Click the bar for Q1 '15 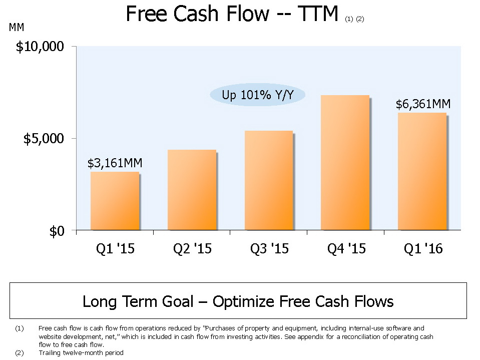pos(115,201)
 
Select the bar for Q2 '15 pos(192,190)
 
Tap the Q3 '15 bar pos(268,180)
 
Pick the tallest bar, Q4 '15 pos(345,163)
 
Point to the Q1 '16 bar pos(421,171)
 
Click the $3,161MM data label pos(115,163)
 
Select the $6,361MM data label pos(423,104)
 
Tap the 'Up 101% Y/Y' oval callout pos(257,95)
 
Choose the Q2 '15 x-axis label pos(192,248)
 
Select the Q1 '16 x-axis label pos(422,248)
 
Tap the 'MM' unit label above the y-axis pos(17,27)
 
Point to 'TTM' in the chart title pos(317,14)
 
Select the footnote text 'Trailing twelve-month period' pos(81,352)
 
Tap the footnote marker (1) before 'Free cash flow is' pos(20,329)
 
